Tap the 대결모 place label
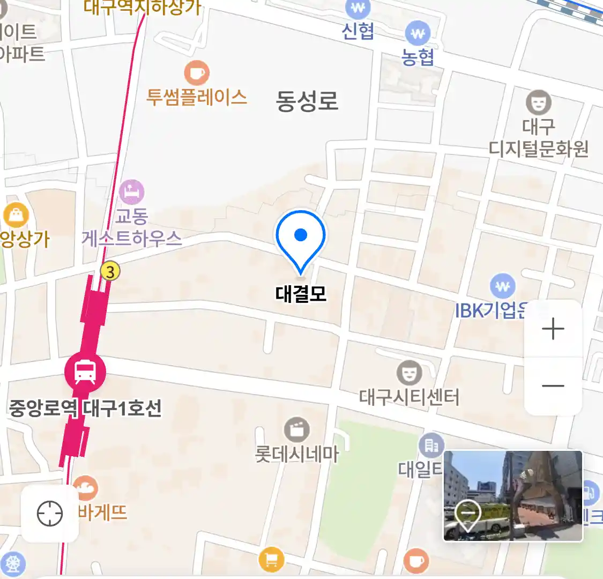click(301, 294)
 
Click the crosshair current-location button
click(50, 514)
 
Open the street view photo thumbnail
click(513, 495)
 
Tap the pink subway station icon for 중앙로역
click(85, 371)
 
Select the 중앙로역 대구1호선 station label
click(85, 409)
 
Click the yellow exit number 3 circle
click(110, 271)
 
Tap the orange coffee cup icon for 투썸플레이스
click(197, 72)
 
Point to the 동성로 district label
click(307, 101)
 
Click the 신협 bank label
click(358, 31)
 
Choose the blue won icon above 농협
click(418, 34)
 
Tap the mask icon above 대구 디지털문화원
click(538, 101)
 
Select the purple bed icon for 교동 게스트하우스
click(131, 191)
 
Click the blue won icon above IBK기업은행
click(502, 286)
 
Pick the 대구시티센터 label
click(410, 397)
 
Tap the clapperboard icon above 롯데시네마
click(296, 429)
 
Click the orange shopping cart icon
click(271, 560)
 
